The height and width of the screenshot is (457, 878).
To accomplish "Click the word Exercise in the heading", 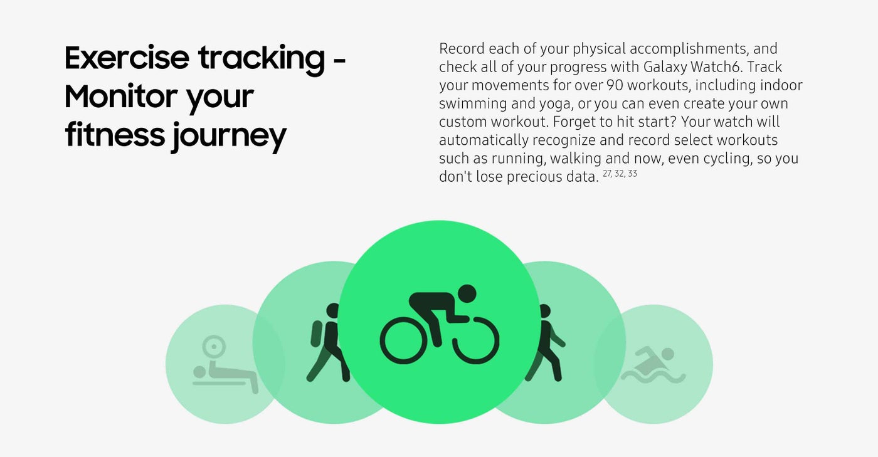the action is pos(127,58).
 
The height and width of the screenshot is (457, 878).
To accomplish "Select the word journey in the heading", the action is pos(228,136).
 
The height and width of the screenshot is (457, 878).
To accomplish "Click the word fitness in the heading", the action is pos(115,135).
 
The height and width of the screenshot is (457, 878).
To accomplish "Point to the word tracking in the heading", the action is pos(262,60).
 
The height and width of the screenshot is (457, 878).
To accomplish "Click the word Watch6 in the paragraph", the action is pos(716,67).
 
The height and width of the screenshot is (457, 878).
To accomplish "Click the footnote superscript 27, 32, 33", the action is pos(620,174).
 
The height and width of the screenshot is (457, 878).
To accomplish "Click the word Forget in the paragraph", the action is pos(572,122).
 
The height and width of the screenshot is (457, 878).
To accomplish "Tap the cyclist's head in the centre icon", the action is pos(467,293).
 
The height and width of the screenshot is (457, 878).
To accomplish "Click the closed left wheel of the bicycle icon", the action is pos(402,340).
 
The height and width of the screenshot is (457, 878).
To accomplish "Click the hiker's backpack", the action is pos(317,334).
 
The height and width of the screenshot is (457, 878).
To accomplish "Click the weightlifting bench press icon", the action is pos(225,364).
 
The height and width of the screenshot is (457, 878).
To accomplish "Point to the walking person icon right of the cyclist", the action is pos(544,342).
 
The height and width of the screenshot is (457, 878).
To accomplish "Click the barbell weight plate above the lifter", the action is pos(214,347).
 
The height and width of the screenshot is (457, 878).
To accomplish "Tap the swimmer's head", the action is pos(668,354).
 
